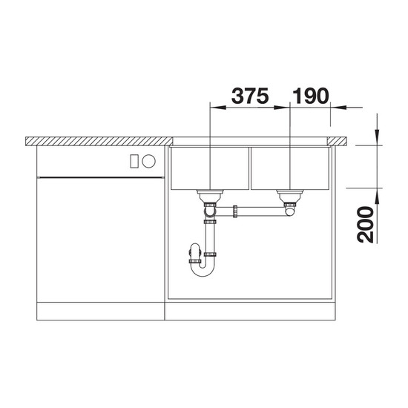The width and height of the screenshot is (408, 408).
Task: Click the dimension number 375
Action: coord(250,96)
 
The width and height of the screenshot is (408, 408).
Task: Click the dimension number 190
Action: coord(311,96)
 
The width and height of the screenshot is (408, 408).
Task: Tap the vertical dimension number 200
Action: coord(365,225)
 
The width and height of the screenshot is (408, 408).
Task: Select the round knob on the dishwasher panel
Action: coord(149,161)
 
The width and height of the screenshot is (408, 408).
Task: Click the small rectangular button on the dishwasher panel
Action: coord(134,161)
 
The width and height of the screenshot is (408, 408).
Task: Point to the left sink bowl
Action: coord(210,168)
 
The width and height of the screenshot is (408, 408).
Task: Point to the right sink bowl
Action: coord(290,168)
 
